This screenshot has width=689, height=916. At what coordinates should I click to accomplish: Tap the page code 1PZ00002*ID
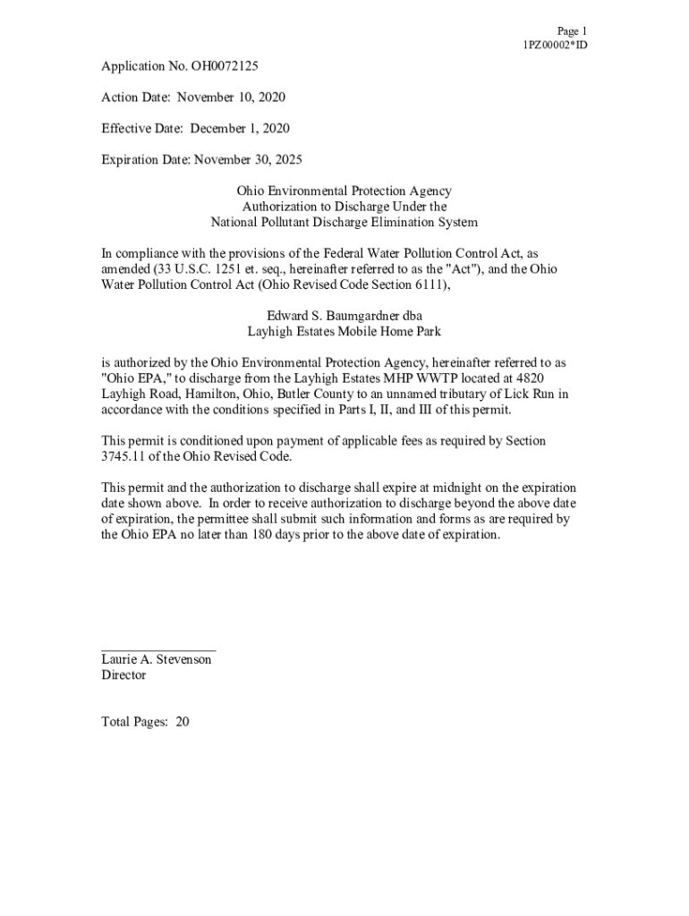point(555,45)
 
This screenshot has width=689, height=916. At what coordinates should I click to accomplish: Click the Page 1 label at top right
point(572,30)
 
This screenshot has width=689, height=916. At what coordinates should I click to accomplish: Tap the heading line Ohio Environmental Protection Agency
point(344,191)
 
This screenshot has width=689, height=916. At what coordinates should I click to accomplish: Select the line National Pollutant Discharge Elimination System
point(344,223)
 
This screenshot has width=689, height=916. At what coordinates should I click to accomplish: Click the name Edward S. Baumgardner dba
point(344,316)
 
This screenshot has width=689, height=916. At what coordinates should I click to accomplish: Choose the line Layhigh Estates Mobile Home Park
point(344,331)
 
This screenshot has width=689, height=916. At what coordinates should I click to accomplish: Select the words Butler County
point(312,394)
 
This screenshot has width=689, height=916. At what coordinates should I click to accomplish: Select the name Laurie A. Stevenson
point(157,659)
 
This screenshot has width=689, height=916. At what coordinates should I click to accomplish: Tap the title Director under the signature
point(123,675)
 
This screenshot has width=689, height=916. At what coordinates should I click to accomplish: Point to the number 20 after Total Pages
point(183,722)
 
